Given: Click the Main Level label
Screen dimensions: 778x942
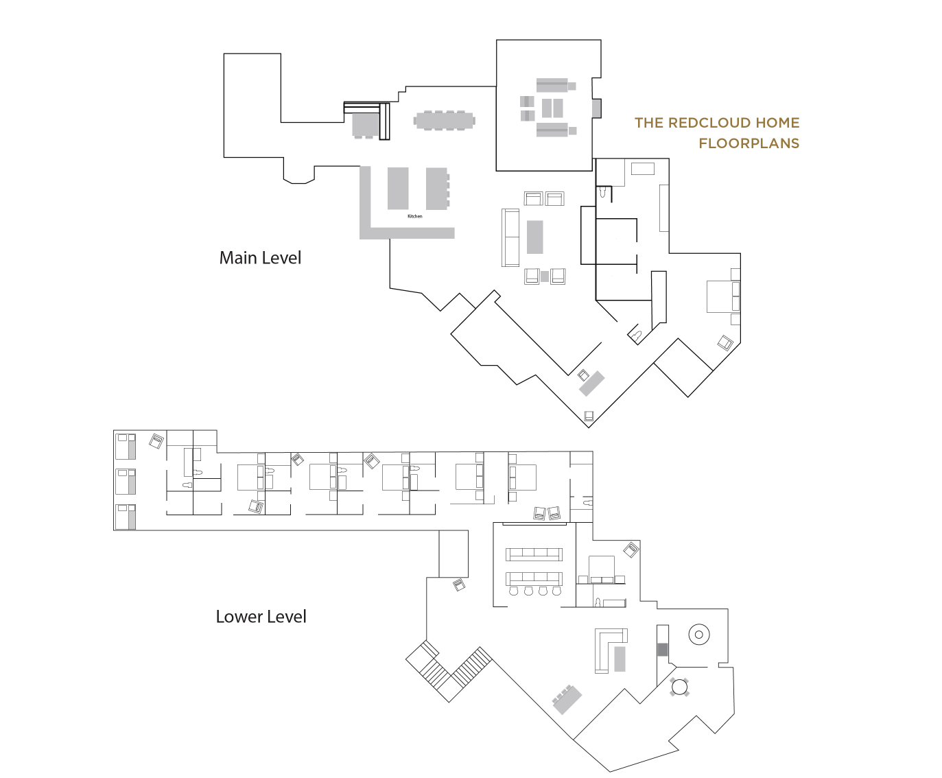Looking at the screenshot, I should (x=260, y=258).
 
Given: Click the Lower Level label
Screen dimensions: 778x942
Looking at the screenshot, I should (x=261, y=617).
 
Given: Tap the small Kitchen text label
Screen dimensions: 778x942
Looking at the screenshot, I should (x=415, y=216).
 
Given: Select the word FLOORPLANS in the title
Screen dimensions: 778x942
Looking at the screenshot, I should (x=749, y=143).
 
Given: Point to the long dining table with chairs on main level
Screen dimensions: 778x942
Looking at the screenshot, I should (x=445, y=121).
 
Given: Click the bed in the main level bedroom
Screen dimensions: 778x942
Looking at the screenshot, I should (x=723, y=296).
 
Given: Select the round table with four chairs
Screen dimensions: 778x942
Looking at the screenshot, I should (x=680, y=687).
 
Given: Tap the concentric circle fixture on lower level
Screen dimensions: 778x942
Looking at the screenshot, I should (x=698, y=635).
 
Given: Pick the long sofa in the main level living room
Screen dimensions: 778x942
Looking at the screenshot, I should (x=510, y=237).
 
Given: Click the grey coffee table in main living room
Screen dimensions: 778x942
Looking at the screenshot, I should (x=535, y=237).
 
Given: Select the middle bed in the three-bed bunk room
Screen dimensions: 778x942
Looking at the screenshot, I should (x=126, y=482).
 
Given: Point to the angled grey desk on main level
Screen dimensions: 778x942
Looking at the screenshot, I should (x=592, y=384).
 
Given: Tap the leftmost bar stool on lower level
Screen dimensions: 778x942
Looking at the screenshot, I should (x=513, y=591).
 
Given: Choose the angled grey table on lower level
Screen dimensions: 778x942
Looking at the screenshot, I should (x=567, y=700).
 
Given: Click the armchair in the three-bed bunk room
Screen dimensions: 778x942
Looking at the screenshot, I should (x=156, y=441).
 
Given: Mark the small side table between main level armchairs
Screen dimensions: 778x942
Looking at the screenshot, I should (x=545, y=276).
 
